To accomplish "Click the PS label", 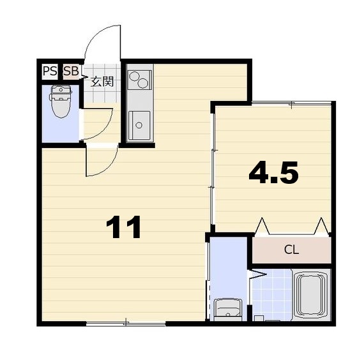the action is point(50,71).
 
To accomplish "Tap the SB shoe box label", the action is point(72,71).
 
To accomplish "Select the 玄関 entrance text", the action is point(102,82).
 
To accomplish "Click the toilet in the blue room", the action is point(61,101).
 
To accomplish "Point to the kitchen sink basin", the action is point(139,125).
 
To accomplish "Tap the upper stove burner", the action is point(134,77).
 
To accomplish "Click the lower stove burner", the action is point(142,83).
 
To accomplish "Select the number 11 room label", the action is point(123,227).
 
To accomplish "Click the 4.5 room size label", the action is point(273,172).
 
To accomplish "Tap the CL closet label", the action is point(291,250).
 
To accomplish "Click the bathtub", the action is point(310,294).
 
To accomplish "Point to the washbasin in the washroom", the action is point(228,310).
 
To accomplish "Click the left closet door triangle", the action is point(262,227).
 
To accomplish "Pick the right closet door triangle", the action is point(321,227).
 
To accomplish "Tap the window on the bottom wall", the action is point(126,323).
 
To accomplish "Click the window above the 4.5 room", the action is point(292,103).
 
